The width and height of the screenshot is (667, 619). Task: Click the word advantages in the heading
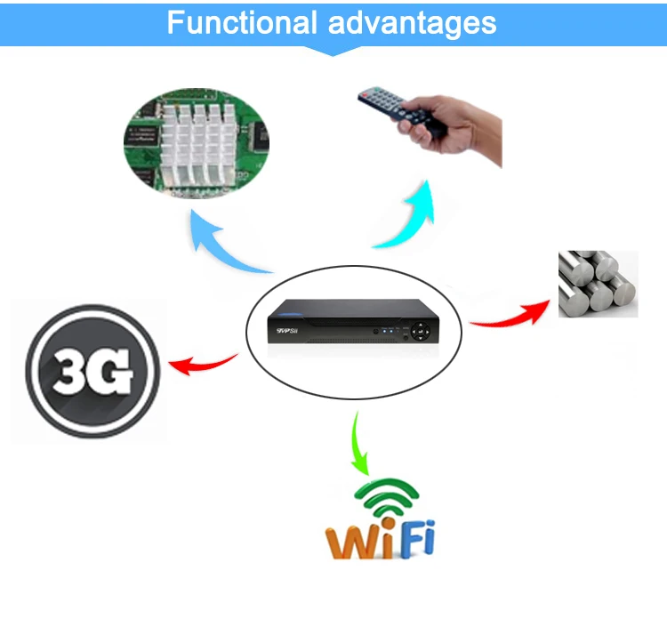coord(411,22)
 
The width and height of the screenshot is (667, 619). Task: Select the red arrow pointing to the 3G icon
coord(200,362)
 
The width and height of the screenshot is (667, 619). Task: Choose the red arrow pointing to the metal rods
coord(511,314)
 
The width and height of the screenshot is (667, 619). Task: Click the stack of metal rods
coord(597,284)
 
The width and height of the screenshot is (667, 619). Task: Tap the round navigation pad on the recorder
coord(419,330)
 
